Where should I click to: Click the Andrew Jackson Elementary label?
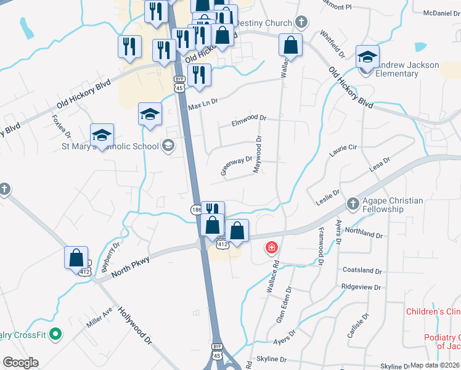tap(409, 69)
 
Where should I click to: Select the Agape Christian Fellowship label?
tap(393, 205)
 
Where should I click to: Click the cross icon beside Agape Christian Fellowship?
tap(353, 203)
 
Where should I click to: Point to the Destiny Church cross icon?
tap(301, 23)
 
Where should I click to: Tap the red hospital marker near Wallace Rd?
tap(271, 248)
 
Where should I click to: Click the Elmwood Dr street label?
tap(248, 118)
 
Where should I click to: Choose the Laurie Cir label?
tap(344, 148)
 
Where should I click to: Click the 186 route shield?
tap(195, 210)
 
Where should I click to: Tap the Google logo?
tap(20, 363)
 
